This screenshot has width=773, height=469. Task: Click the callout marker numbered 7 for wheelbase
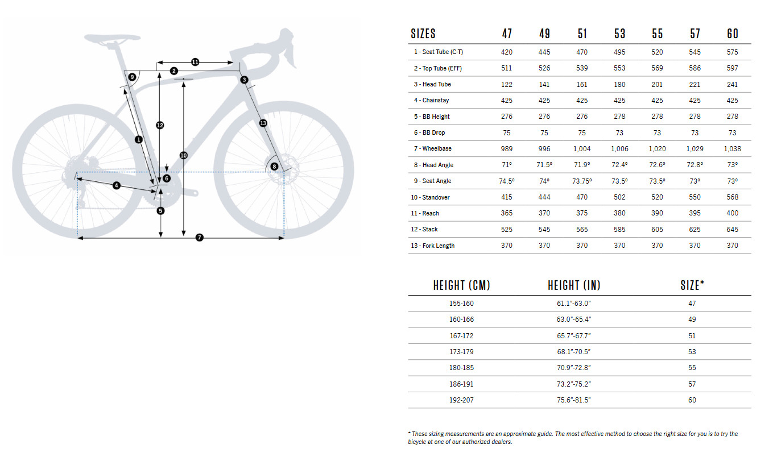pos(199,238)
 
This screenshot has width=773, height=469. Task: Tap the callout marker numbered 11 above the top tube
pos(195,62)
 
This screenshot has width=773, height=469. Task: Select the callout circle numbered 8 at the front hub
pos(275,167)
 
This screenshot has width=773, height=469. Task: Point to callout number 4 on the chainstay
pos(116,185)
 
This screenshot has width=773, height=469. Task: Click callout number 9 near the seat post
pos(132,77)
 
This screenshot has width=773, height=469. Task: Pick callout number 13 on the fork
pos(263,123)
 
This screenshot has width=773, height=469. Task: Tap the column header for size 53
pos(619,34)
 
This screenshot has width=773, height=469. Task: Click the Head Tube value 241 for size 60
pos(732,84)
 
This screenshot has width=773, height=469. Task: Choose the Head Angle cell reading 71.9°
pos(582,165)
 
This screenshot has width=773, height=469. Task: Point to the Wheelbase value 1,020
pos(657,149)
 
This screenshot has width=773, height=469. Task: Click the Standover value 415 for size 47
pos(506,197)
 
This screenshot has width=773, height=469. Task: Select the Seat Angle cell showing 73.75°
pos(582,181)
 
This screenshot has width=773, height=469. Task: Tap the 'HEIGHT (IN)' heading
pos(573,285)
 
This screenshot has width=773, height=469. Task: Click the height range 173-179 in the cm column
pos(461,352)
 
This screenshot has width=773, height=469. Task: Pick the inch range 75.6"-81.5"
pos(573,400)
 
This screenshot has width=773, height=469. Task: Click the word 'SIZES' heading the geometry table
pos(423,34)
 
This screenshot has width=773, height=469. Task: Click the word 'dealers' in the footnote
pos(500,442)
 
